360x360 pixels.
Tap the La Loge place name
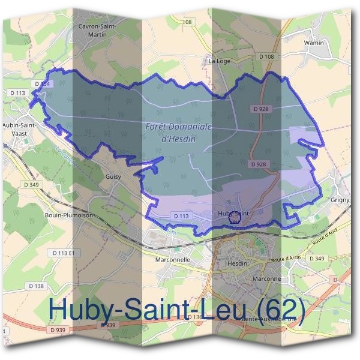point(220,61)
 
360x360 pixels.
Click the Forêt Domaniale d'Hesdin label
point(179,132)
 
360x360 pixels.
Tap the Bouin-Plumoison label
point(67,214)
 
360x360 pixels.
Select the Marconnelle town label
point(172,260)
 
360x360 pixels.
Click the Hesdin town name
point(238,263)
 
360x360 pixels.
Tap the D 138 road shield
point(35,286)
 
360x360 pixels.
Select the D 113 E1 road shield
point(66,254)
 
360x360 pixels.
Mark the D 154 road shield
point(42,83)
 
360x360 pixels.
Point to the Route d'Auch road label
point(322,229)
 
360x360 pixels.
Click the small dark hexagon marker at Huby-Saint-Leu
point(235,218)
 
